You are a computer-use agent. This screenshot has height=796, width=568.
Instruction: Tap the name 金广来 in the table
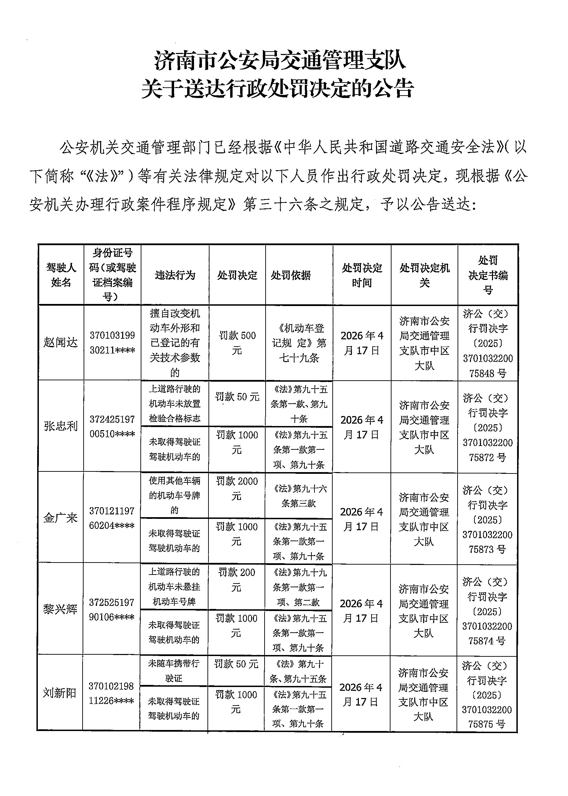pyautogui.click(x=61, y=518)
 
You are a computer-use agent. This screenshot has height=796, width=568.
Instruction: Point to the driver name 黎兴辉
pyautogui.click(x=60, y=610)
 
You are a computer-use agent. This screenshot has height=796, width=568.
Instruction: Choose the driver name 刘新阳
pyautogui.click(x=60, y=693)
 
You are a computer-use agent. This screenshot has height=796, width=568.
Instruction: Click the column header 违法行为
pyautogui.click(x=175, y=275)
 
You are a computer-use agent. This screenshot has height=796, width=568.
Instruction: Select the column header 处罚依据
pyautogui.click(x=291, y=275)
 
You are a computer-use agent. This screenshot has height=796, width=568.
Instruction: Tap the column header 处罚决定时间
pyautogui.click(x=362, y=275)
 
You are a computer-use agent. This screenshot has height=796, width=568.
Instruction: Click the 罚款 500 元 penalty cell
pyautogui.click(x=237, y=342)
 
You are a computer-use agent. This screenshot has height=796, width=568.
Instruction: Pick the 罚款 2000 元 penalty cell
pyautogui.click(x=237, y=488)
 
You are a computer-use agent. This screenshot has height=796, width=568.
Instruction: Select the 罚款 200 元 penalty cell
pyautogui.click(x=236, y=580)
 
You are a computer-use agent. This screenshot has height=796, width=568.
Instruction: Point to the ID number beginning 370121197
pyautogui.click(x=111, y=518)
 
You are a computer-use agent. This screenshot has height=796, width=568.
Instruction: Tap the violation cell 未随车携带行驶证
pyautogui.click(x=174, y=670)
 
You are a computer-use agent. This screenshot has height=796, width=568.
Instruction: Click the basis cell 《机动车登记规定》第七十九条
pyautogui.click(x=299, y=342)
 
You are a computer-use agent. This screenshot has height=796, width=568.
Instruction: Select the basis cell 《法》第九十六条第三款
pyautogui.click(x=299, y=496)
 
